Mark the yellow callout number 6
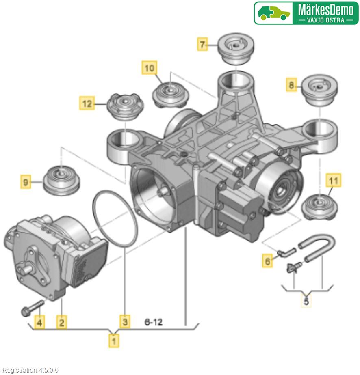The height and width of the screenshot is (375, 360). click(267, 261)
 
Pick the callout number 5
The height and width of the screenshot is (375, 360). click(307, 302)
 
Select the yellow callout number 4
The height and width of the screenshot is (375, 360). click(39, 323)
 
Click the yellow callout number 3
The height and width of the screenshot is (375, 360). click(126, 322)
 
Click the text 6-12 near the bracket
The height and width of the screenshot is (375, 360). click(154, 322)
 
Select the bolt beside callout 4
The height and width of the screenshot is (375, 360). click(32, 308)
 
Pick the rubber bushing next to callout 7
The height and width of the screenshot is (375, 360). click(236, 48)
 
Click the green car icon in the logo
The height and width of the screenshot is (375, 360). click(274, 13)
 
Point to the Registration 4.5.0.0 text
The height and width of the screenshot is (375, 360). click(30, 370)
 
